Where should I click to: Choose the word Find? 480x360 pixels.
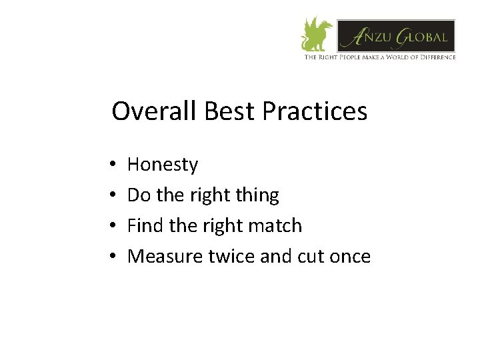pyautogui.click(x=143, y=226)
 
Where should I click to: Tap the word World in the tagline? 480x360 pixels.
pyautogui.click(x=391, y=57)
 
